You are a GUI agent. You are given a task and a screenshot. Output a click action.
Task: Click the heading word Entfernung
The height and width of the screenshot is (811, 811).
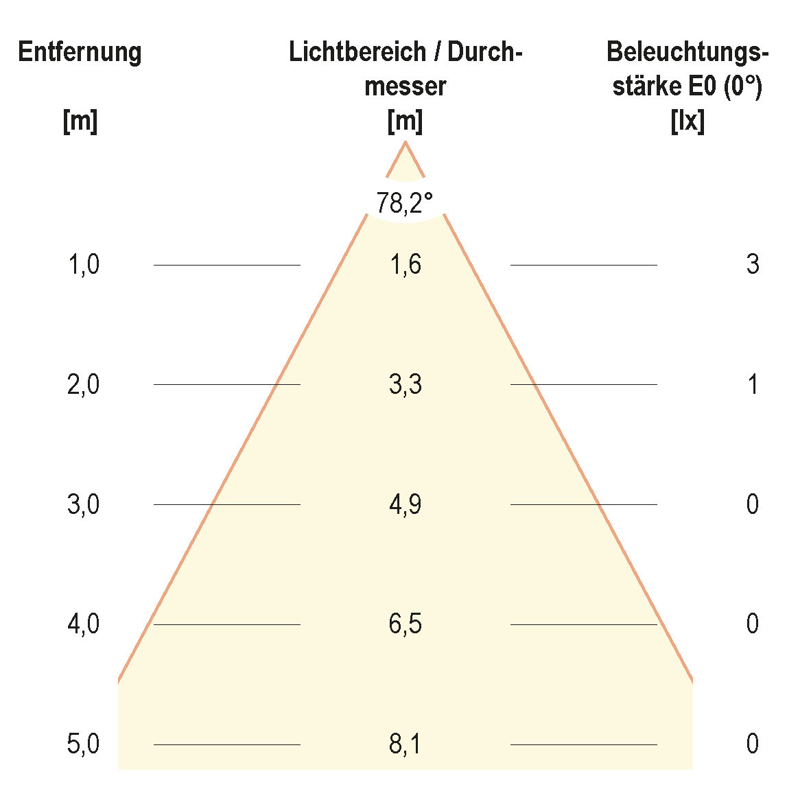pyautogui.click(x=80, y=53)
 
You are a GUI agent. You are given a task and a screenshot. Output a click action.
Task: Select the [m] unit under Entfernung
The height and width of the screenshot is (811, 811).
pyautogui.click(x=80, y=122)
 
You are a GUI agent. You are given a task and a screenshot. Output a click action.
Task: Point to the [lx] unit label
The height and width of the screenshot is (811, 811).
pyautogui.click(x=687, y=122)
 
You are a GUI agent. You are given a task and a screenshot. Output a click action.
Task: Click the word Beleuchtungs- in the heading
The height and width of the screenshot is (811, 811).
pyautogui.click(x=687, y=53)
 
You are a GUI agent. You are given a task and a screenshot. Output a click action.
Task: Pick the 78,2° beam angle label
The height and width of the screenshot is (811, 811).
pyautogui.click(x=405, y=203)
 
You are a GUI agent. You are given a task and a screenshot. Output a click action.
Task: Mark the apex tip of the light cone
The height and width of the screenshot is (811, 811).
pyautogui.click(x=405, y=142)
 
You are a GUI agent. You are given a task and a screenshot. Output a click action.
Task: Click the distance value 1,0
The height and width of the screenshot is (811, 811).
pyautogui.click(x=84, y=264)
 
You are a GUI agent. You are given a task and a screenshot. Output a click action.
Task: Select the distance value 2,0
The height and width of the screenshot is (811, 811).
pyautogui.click(x=84, y=385)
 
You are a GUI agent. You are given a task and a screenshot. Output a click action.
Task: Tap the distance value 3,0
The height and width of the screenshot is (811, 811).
pyautogui.click(x=84, y=505)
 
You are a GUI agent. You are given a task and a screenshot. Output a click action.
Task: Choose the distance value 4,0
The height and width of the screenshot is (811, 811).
pyautogui.click(x=84, y=624)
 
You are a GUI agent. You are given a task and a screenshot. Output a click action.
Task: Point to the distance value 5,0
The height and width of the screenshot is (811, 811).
pyautogui.click(x=84, y=744)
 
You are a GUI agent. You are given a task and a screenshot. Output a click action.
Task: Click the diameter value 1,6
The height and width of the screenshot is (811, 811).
pyautogui.click(x=405, y=264)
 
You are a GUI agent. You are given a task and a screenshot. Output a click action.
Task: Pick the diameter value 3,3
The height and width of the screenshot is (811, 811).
pyautogui.click(x=405, y=385)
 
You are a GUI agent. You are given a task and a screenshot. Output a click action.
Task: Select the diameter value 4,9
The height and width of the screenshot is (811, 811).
pyautogui.click(x=405, y=505)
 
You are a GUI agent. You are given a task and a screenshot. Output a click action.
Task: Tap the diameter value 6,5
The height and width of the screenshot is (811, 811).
pyautogui.click(x=405, y=624)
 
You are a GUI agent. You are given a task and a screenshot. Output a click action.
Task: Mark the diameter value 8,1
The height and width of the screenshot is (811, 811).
pyautogui.click(x=405, y=744)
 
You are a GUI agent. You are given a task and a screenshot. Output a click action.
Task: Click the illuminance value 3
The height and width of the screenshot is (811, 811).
pyautogui.click(x=753, y=264)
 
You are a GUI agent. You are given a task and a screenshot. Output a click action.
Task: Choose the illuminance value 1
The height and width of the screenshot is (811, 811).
pyautogui.click(x=753, y=385)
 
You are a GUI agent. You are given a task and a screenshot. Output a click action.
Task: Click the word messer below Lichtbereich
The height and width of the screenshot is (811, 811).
pyautogui.click(x=405, y=87)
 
